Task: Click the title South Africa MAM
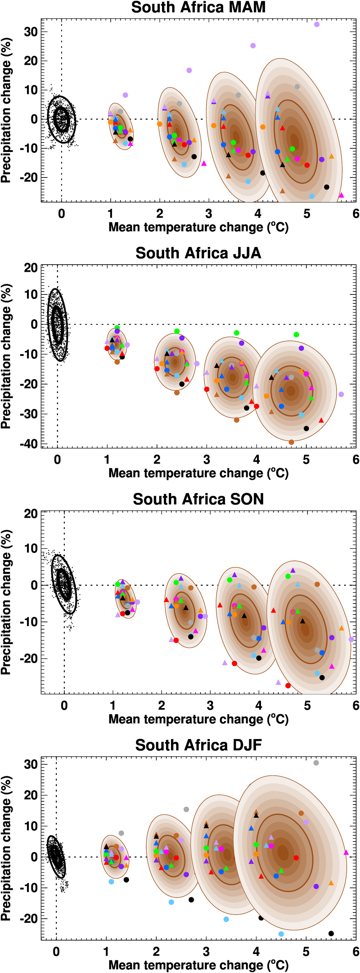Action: pyautogui.click(x=198, y=8)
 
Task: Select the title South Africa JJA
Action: pyautogui.click(x=198, y=253)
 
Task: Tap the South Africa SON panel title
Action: pyautogui.click(x=198, y=499)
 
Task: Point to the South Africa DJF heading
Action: pyautogui.click(x=198, y=745)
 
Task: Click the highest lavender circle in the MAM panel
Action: pyautogui.click(x=316, y=24)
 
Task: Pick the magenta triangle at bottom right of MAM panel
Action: pyautogui.click(x=342, y=195)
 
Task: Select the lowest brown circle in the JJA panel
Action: pyautogui.click(x=291, y=442)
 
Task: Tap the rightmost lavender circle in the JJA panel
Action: pyautogui.click(x=341, y=394)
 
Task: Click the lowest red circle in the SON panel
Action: pyautogui.click(x=288, y=685)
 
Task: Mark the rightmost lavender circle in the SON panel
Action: pyautogui.click(x=351, y=639)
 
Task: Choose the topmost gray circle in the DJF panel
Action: pyautogui.click(x=316, y=763)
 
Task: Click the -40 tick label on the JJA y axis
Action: pyautogui.click(x=29, y=444)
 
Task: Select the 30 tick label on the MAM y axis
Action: pyautogui.click(x=31, y=32)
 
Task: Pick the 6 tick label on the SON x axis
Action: pyautogui.click(x=356, y=706)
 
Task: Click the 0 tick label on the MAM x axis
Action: pyautogui.click(x=62, y=214)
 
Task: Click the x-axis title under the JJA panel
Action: pyautogui.click(x=198, y=473)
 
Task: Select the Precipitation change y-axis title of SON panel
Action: pyautogui.click(x=6, y=603)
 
